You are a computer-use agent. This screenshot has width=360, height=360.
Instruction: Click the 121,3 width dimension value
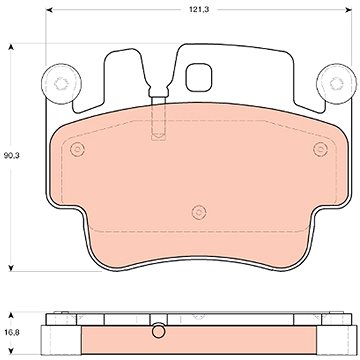(x=199, y=10)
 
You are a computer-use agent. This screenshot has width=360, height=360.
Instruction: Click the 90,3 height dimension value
(x=12, y=155)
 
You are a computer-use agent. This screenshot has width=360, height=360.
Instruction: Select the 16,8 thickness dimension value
(x=11, y=332)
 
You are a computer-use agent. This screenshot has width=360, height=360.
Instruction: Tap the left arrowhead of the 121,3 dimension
(x=49, y=10)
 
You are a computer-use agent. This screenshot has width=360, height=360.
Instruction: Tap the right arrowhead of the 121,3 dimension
(x=348, y=10)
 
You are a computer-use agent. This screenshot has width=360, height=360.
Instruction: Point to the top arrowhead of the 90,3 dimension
(x=11, y=48)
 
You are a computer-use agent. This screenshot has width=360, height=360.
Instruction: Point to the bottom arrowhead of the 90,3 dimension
(x=11, y=267)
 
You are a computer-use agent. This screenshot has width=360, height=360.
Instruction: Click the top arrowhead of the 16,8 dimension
(x=11, y=316)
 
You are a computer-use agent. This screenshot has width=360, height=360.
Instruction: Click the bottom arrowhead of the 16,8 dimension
(x=11, y=351)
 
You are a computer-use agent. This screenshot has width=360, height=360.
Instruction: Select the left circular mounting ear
(x=61, y=84)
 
